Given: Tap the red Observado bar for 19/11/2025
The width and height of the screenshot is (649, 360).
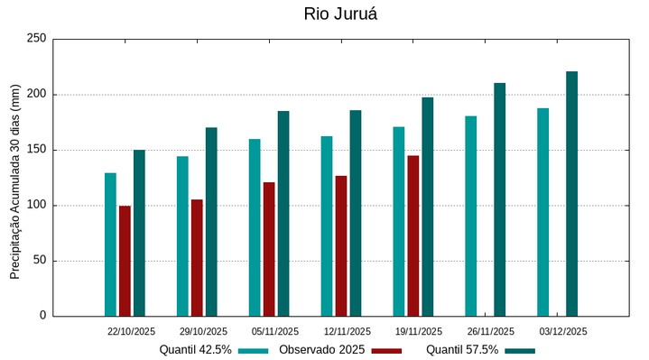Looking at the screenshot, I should (x=413, y=235).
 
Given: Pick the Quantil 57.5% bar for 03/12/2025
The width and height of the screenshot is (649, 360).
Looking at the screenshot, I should (x=571, y=194).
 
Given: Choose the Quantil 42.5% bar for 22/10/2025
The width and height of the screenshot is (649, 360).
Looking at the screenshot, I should (x=110, y=245).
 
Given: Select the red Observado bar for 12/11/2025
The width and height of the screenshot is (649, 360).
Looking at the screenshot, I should (x=341, y=245).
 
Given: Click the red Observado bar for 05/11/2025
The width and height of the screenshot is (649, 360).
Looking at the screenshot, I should (x=269, y=249).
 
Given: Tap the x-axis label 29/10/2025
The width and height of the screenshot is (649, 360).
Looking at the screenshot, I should (x=203, y=331).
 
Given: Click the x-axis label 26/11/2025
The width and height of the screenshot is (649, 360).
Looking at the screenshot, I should (x=491, y=331).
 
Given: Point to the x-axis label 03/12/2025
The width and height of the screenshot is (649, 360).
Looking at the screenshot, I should (x=563, y=331).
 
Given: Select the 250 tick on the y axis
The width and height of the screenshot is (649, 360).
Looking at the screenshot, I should (x=36, y=39).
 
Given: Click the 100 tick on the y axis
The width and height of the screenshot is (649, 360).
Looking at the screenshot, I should (x=36, y=206).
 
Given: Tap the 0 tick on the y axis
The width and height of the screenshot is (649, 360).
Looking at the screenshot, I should (x=42, y=316).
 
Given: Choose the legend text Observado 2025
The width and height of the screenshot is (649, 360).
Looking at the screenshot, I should (x=321, y=350).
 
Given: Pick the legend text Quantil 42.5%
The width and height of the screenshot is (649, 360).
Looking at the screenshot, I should (x=196, y=350).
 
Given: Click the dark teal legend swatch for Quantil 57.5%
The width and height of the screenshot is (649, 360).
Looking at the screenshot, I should (x=520, y=350).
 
